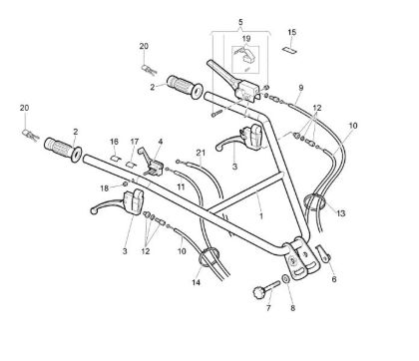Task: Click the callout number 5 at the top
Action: [239, 21]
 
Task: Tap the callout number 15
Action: [291, 33]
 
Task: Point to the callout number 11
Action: [181, 186]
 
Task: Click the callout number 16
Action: [115, 142]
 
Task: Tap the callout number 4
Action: [161, 143]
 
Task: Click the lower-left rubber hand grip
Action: [64, 154]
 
